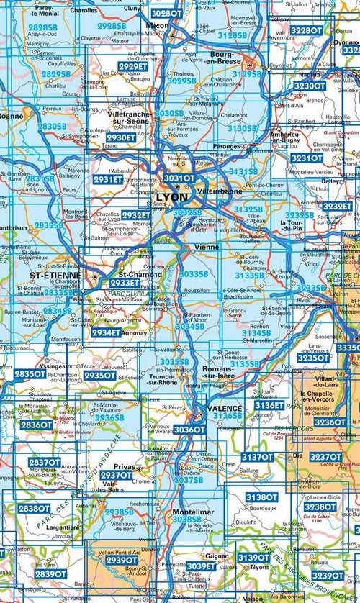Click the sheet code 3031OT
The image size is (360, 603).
click(179, 178)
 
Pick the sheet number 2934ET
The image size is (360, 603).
click(106, 332)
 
